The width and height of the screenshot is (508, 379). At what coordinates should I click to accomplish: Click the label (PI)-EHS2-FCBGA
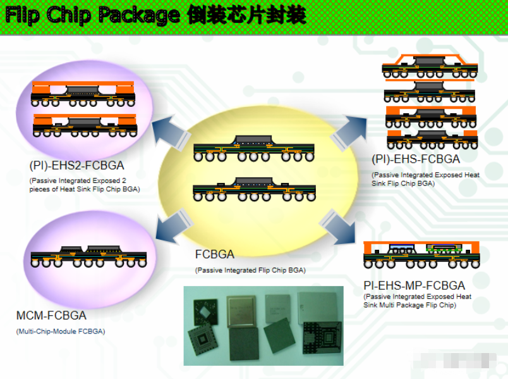(77, 166)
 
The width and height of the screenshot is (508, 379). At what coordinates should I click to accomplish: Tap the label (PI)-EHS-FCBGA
(416, 159)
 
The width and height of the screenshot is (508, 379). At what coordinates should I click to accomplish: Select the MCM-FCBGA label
(51, 315)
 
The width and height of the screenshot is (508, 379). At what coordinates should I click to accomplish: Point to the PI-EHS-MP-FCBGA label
(414, 285)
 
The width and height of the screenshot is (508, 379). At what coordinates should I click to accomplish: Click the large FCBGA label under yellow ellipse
(214, 254)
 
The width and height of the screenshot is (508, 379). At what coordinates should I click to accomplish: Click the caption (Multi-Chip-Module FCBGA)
(61, 332)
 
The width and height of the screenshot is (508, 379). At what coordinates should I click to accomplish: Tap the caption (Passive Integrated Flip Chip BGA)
(250, 270)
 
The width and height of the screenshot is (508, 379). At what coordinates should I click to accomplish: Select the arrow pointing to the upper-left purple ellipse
(170, 132)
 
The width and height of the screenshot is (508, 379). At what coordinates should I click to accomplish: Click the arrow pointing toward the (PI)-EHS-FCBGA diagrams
(349, 133)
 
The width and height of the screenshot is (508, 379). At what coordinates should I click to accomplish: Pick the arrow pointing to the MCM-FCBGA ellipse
(173, 227)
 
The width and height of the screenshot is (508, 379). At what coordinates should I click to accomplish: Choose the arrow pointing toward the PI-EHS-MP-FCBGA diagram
(337, 227)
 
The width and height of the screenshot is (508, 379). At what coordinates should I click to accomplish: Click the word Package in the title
(139, 15)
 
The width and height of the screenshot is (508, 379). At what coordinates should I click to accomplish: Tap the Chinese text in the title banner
(247, 15)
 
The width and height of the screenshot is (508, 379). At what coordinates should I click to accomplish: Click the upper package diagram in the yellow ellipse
(253, 148)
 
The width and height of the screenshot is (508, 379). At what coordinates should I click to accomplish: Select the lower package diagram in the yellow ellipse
(254, 189)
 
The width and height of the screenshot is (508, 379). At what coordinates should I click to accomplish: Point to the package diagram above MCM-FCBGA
(88, 256)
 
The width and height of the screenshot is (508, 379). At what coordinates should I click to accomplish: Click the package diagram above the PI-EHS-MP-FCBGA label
(421, 255)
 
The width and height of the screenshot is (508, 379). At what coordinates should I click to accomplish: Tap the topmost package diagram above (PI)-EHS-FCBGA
(430, 66)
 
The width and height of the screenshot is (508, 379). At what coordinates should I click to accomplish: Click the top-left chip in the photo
(205, 312)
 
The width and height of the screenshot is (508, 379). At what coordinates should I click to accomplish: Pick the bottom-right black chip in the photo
(322, 337)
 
